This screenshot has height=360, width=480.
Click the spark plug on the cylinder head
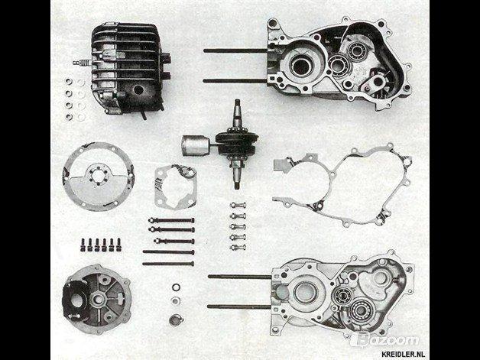click(82, 63)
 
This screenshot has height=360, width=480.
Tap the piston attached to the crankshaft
click(196, 145)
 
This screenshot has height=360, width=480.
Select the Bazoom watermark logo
click(384, 340)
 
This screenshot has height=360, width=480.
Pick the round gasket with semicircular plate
click(99, 176)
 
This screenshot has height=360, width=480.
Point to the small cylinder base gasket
click(175, 186)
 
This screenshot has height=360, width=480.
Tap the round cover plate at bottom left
click(97, 299)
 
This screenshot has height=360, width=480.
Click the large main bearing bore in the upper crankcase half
click(302, 65)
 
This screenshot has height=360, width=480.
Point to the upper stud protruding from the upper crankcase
click(235, 50)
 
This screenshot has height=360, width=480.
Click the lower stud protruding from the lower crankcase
click(239, 306)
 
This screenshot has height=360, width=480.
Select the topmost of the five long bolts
click(171, 220)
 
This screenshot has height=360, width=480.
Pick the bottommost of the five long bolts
click(168, 264)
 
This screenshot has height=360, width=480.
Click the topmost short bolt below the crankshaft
click(238, 206)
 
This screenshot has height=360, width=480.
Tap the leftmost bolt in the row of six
click(83, 245)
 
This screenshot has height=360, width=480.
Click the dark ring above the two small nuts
click(176, 287)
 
